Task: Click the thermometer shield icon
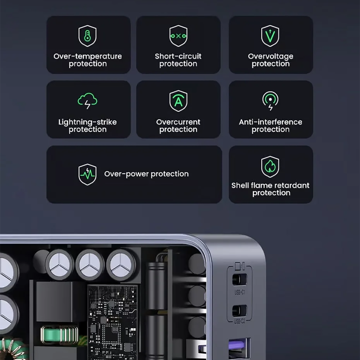click(x=88, y=36)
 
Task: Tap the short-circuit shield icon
click(x=178, y=36)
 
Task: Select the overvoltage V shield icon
click(x=270, y=36)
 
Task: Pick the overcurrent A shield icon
click(x=178, y=101)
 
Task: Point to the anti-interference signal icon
click(x=270, y=101)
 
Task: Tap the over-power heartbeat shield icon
click(x=88, y=174)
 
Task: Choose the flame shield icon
click(x=270, y=167)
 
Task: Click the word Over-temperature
click(x=88, y=56)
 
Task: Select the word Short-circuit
click(x=178, y=56)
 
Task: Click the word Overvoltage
click(x=271, y=56)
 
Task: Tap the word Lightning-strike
click(x=88, y=122)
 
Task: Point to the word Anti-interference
click(x=271, y=122)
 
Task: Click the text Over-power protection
click(x=146, y=174)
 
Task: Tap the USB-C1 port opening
click(x=240, y=279)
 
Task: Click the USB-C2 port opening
click(x=240, y=311)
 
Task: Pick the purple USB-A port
click(x=239, y=348)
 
